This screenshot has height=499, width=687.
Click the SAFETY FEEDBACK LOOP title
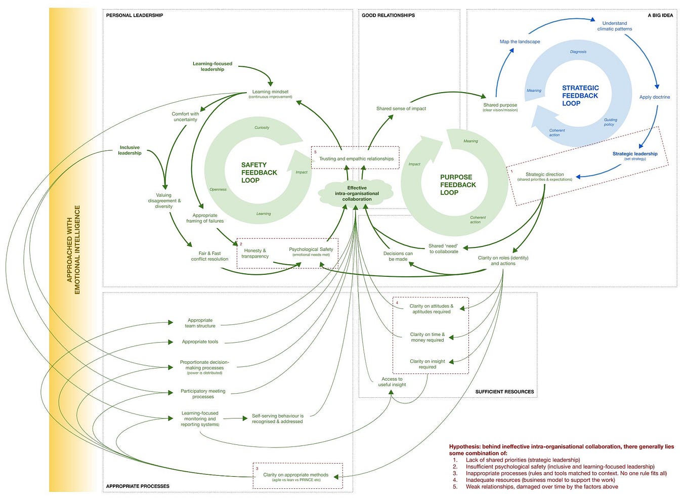259,173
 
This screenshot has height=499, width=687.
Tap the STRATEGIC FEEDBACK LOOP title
580,96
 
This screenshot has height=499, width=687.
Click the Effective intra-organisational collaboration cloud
356,193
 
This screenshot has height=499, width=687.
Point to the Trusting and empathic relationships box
356,158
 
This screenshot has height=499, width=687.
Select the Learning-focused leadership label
212,66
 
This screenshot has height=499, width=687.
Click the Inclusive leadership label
130,150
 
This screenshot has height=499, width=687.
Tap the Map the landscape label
520,41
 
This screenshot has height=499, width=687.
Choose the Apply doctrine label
654,97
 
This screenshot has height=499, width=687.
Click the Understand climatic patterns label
614,26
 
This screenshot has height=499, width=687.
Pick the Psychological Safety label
311,249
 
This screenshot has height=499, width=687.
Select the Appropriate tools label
200,342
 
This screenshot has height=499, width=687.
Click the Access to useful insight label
392,382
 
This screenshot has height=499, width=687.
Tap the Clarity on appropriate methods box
295,475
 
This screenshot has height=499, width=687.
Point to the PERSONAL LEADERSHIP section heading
135,15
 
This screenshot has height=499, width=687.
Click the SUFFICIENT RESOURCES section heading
504,392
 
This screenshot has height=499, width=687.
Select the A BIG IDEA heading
660,15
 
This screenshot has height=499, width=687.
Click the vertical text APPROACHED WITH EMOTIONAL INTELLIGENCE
73,249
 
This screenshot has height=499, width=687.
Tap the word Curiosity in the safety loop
262,128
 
